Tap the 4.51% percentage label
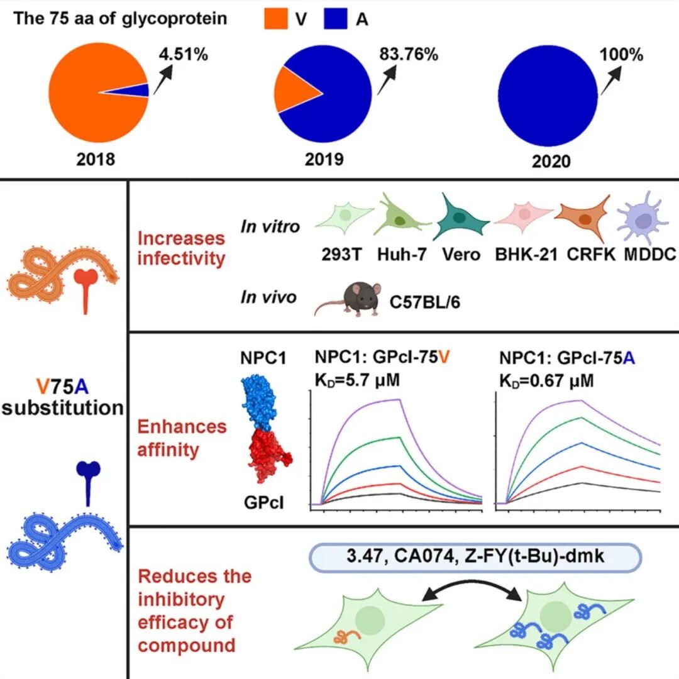(184, 55)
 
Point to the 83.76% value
(409, 54)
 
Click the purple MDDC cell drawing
(642, 220)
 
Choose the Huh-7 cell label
(402, 255)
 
